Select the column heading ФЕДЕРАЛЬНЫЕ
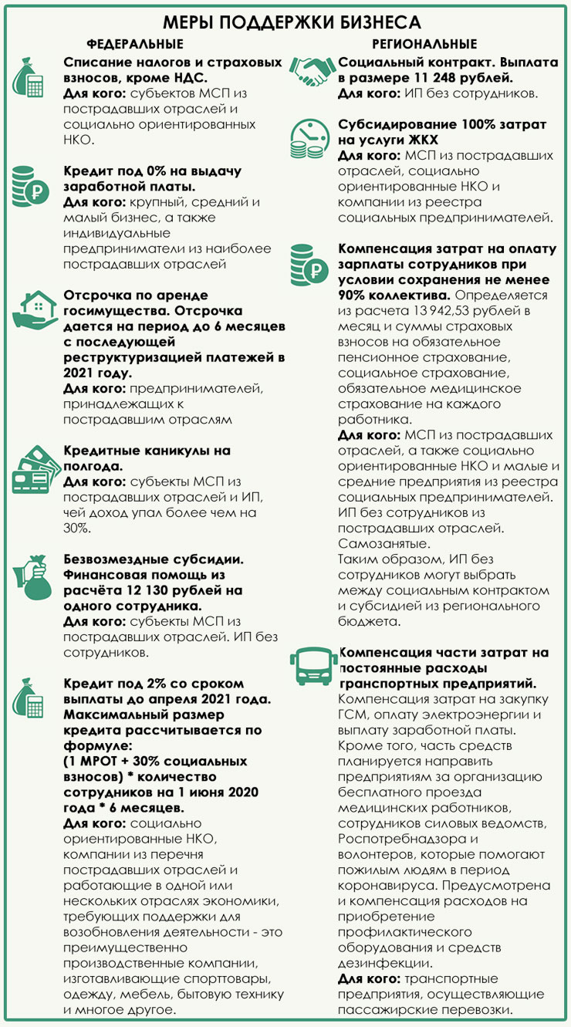tap(134, 44)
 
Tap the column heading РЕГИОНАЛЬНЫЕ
tap(424, 44)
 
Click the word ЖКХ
tap(420, 140)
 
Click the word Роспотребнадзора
tap(395, 839)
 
